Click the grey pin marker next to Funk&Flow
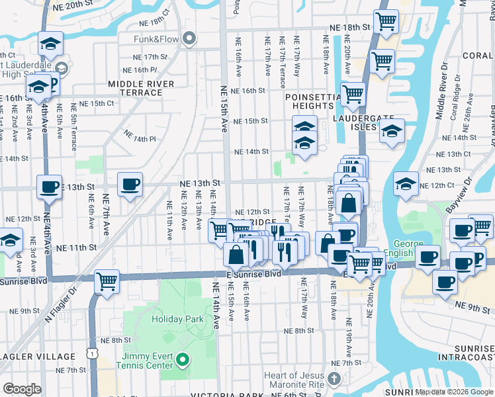point(190,39)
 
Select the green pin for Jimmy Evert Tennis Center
point(183,361)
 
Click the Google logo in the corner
point(22,388)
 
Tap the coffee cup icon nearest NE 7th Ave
point(130,184)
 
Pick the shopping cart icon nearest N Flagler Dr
point(107,281)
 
